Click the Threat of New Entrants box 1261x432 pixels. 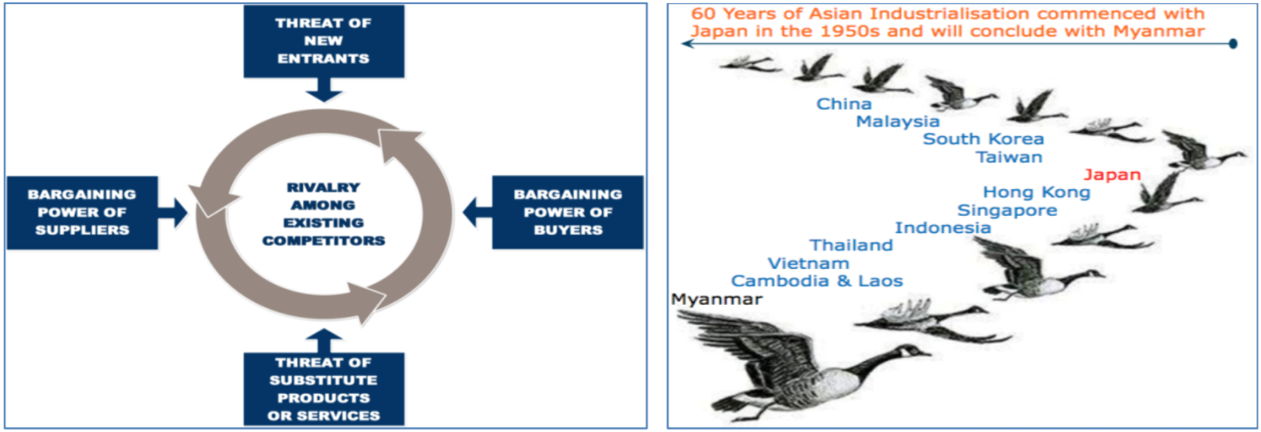click(324, 41)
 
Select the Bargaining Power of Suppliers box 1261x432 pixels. click(82, 213)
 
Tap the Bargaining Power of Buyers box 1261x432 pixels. click(568, 213)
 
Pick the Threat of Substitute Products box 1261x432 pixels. click(324, 389)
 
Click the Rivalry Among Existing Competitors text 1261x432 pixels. click(324, 214)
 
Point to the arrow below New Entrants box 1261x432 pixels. click(324, 90)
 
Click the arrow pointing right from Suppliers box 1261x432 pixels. click(172, 213)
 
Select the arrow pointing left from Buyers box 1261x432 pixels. click(477, 213)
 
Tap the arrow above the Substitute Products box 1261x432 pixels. click(324, 341)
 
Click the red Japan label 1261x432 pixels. click(1113, 174)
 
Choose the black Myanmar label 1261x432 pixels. click(717, 300)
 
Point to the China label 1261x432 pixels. click(844, 104)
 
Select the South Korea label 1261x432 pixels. click(984, 139)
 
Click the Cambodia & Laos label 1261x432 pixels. click(816, 280)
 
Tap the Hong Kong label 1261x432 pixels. click(1037, 192)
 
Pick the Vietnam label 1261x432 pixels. click(808, 263)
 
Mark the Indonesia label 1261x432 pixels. click(943, 227)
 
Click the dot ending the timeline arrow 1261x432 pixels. click(1232, 43)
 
